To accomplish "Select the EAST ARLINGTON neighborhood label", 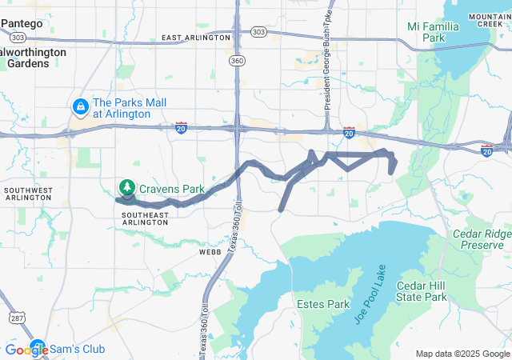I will coord(195,38).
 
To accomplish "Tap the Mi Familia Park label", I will coord(433,32).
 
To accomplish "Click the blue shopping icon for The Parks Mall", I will coord(80,106).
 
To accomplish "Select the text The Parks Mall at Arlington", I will coord(122,108).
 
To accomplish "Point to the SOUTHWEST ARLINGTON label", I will coord(28,194).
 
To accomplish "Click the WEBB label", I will coord(210,251).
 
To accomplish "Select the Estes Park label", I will coord(323,305).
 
